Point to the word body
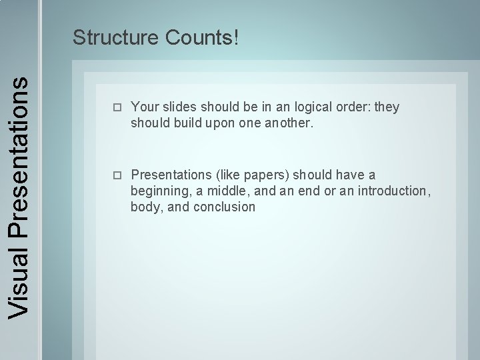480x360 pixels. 145,207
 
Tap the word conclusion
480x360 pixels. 224,207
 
